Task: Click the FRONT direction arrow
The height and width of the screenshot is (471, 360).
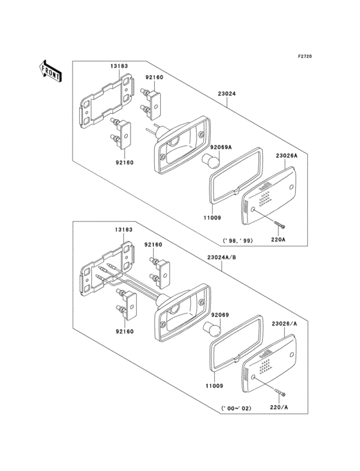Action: (50, 71)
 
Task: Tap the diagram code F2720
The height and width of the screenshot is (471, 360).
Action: (305, 56)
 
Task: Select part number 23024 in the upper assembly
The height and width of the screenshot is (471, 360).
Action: (227, 94)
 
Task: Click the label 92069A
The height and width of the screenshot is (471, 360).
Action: (221, 147)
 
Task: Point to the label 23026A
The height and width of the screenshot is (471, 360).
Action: (287, 156)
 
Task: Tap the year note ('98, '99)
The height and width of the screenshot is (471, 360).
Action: (238, 241)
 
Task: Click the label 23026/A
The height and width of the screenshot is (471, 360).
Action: (284, 324)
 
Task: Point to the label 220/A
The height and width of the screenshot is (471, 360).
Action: (279, 407)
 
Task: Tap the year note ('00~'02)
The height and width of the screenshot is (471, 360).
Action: (237, 409)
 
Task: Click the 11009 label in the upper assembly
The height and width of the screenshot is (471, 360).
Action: (212, 217)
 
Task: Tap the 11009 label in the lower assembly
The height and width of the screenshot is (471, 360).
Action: (214, 385)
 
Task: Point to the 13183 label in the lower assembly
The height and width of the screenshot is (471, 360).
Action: (123, 230)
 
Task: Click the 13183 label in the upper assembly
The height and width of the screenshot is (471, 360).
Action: (119, 66)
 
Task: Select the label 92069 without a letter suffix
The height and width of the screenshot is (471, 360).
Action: (220, 315)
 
